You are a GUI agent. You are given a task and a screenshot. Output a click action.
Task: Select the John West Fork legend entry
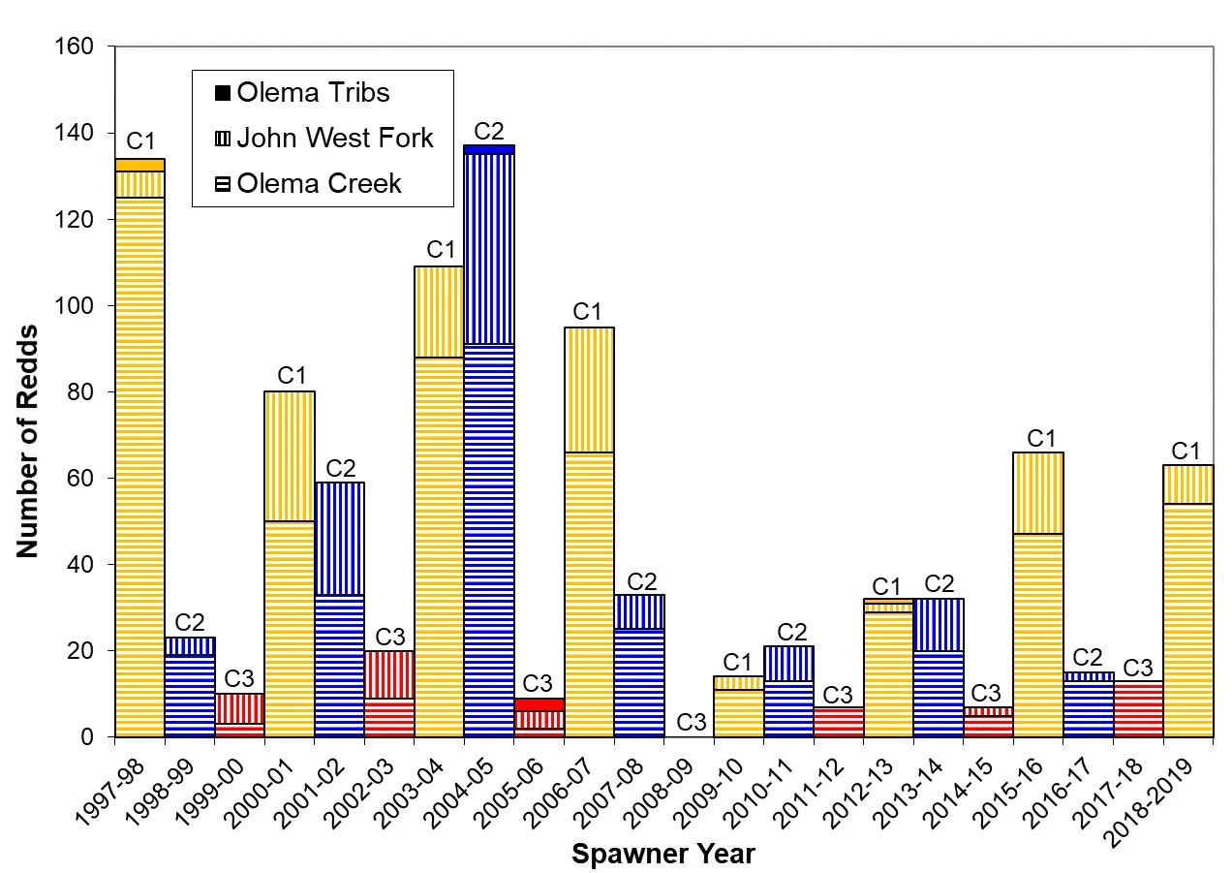323,139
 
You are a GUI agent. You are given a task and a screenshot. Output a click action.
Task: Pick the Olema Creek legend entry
307,183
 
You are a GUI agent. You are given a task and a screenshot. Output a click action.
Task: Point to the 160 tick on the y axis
79,47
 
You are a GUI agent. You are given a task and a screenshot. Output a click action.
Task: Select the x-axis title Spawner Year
662,855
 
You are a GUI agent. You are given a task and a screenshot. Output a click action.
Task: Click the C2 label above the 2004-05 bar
488,131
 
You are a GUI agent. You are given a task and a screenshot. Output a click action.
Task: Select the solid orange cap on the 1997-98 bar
139,165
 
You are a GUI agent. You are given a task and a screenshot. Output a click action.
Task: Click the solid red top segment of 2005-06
539,704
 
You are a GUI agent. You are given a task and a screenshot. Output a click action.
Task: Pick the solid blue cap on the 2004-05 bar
488,149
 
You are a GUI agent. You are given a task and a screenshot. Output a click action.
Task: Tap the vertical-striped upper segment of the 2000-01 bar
289,455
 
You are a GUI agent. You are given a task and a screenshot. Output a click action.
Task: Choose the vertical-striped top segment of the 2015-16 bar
1038,492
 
